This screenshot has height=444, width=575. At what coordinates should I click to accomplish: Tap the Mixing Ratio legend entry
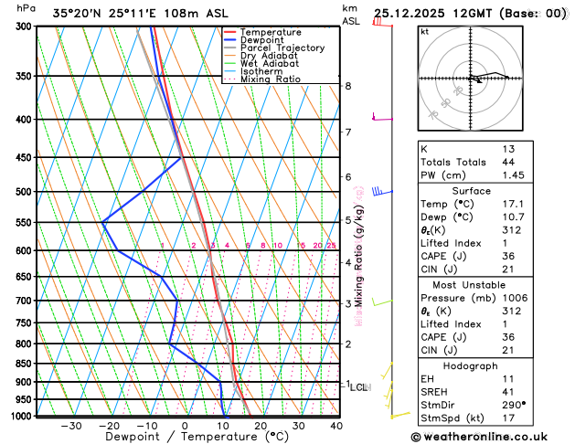(271, 79)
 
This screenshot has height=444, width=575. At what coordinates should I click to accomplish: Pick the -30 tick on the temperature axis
(71, 426)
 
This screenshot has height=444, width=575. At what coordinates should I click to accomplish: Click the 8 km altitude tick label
(348, 86)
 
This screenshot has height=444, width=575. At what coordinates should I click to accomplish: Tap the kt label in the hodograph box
(424, 31)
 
